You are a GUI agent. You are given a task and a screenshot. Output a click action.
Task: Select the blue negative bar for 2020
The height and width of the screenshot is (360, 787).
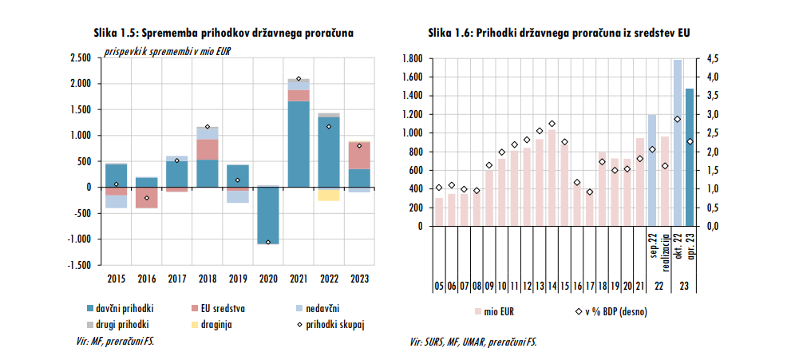click(x=268, y=215)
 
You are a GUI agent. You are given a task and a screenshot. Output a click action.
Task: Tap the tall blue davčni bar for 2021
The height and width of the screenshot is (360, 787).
click(x=299, y=144)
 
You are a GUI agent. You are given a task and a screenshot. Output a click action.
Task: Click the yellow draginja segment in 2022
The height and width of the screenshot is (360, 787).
click(x=328, y=194)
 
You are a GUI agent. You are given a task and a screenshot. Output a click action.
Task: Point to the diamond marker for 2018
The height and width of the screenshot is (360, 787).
click(x=208, y=127)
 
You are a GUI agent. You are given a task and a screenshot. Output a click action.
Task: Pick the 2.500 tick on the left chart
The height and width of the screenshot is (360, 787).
click(x=80, y=58)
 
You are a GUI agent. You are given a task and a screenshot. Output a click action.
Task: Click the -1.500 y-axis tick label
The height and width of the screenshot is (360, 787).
click(x=78, y=265)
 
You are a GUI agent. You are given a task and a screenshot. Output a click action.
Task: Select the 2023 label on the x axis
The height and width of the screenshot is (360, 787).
click(x=359, y=279)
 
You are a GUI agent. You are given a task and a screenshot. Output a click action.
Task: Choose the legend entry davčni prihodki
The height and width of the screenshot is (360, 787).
click(x=120, y=307)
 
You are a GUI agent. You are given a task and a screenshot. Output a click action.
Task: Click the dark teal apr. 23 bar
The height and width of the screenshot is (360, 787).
click(x=690, y=157)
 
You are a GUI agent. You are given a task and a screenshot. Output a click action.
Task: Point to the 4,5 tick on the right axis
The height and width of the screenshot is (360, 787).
click(x=713, y=58)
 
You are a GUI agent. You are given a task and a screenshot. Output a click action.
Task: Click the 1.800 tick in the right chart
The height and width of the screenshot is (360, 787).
click(x=411, y=58)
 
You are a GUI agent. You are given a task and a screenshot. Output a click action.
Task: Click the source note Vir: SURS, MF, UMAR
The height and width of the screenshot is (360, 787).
click(x=473, y=342)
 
